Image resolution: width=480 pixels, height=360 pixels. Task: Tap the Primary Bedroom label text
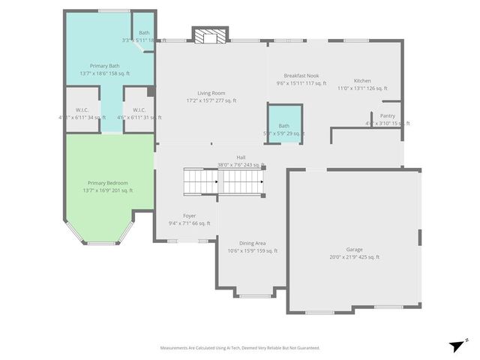[107, 183]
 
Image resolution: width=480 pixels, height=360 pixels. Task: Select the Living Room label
[211, 93]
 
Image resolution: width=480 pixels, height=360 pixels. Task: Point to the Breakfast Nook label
[301, 76]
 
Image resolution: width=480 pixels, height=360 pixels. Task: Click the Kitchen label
[362, 81]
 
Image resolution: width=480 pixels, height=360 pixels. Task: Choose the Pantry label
[387, 115]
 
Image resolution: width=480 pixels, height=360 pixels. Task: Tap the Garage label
[354, 249]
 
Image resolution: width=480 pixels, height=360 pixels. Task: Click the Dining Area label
[252, 243]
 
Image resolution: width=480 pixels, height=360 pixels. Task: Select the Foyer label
[189, 215]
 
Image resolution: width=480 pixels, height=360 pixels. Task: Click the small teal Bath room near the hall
[284, 121]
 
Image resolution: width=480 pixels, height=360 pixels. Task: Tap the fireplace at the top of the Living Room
[209, 35]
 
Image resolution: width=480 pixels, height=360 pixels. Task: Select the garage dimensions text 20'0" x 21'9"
[354, 257]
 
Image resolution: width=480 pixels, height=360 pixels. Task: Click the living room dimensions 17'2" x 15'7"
[211, 100]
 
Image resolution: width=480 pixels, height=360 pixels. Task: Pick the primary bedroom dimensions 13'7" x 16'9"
[107, 190]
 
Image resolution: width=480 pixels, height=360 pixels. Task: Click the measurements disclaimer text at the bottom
[240, 348]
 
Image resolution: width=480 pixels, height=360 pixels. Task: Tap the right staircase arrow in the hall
[262, 181]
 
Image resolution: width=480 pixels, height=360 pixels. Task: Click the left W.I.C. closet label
[81, 110]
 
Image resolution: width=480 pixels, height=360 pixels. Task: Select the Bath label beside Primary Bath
[144, 33]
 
